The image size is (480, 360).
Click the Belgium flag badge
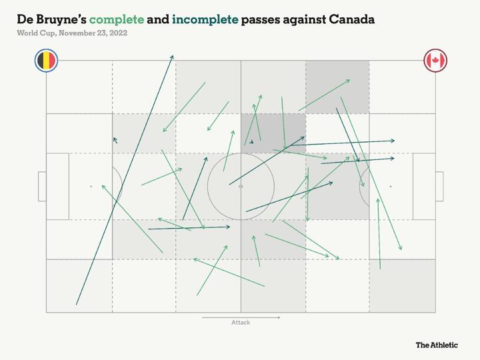point(46,61)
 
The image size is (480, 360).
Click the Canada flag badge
point(435,61)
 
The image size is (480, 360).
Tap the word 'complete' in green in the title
point(117,19)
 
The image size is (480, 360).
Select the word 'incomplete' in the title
point(205,19)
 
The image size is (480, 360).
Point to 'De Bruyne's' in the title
point(52,19)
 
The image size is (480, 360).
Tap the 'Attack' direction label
point(241,323)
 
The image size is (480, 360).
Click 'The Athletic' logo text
point(437,345)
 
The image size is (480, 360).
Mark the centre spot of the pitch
point(241,187)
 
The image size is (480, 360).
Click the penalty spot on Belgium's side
point(91,187)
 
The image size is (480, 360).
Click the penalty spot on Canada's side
point(391,187)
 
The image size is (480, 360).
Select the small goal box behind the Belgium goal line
point(42,187)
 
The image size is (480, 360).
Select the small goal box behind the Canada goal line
point(439,187)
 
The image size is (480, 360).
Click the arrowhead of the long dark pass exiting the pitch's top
point(173,57)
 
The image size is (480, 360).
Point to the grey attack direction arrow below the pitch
point(241,317)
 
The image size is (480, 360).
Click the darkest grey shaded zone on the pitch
point(273,133)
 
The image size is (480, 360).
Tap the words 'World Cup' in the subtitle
point(35,33)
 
